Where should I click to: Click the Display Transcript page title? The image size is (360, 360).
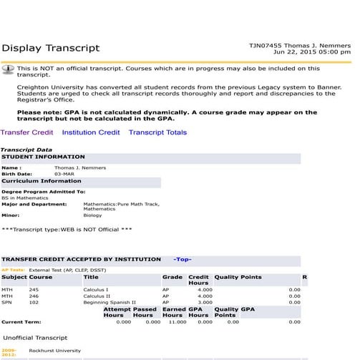(x=51, y=49)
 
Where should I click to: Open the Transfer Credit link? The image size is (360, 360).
(x=26, y=132)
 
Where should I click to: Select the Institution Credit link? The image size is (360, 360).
(x=91, y=132)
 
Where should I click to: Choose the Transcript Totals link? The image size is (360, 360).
(x=157, y=132)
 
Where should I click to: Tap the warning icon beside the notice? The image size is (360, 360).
(x=9, y=69)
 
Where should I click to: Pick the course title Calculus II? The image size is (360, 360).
(x=97, y=296)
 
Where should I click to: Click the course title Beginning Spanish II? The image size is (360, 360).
(x=110, y=302)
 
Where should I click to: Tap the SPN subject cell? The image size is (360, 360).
(x=7, y=302)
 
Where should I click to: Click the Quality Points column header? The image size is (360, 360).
(x=238, y=276)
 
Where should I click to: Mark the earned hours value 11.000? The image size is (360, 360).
(x=176, y=322)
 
